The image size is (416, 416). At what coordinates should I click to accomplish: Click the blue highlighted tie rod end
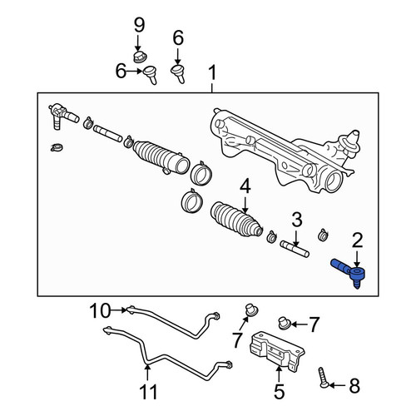pyautogui.click(x=350, y=271)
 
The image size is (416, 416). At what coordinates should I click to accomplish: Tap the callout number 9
pyautogui.click(x=139, y=25)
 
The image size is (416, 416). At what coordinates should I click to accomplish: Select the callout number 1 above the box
pyautogui.click(x=212, y=72)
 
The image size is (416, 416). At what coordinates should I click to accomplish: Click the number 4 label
pyautogui.click(x=245, y=186)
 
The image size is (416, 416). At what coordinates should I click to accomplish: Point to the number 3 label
pyautogui.click(x=297, y=220)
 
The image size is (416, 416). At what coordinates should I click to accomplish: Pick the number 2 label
pyautogui.click(x=357, y=240)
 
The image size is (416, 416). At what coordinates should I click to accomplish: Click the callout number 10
pyautogui.click(x=100, y=311)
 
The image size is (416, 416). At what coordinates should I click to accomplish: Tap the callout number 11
pyautogui.click(x=148, y=392)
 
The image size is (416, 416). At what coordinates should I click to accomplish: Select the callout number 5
pyautogui.click(x=279, y=392)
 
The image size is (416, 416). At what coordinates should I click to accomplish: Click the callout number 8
pyautogui.click(x=354, y=386)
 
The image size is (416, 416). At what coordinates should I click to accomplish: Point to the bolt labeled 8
pyautogui.click(x=324, y=378)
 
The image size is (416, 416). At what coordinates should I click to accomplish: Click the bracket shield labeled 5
pyautogui.click(x=276, y=351)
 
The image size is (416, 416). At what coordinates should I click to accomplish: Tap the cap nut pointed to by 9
pyautogui.click(x=140, y=57)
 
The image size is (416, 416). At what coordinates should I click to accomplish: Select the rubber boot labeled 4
pyautogui.click(x=236, y=220)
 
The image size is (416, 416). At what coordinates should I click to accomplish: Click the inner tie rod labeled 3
pyautogui.click(x=295, y=249)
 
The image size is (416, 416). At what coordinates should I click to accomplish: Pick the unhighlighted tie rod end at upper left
pyautogui.click(x=62, y=115)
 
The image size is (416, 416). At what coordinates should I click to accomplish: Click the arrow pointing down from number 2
pyautogui.click(x=357, y=259)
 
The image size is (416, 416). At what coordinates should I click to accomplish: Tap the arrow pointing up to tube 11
pyautogui.click(x=148, y=374)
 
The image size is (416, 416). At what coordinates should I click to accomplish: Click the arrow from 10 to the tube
pyautogui.click(x=119, y=310)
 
